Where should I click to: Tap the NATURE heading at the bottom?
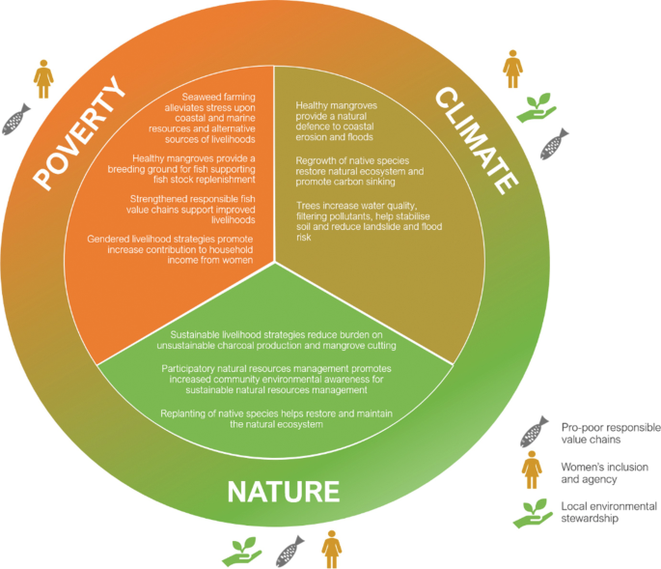[x=284, y=491]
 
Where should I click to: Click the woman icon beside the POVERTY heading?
[x=43, y=78]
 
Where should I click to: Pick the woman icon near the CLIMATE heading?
[x=512, y=70]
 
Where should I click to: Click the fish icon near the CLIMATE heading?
[x=553, y=146]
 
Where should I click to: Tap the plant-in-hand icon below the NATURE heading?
[x=241, y=552]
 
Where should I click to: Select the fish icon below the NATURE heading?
[x=289, y=552]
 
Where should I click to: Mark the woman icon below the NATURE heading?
[x=332, y=549]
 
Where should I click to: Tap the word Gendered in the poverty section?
[x=110, y=239]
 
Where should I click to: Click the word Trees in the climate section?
[x=309, y=205]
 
